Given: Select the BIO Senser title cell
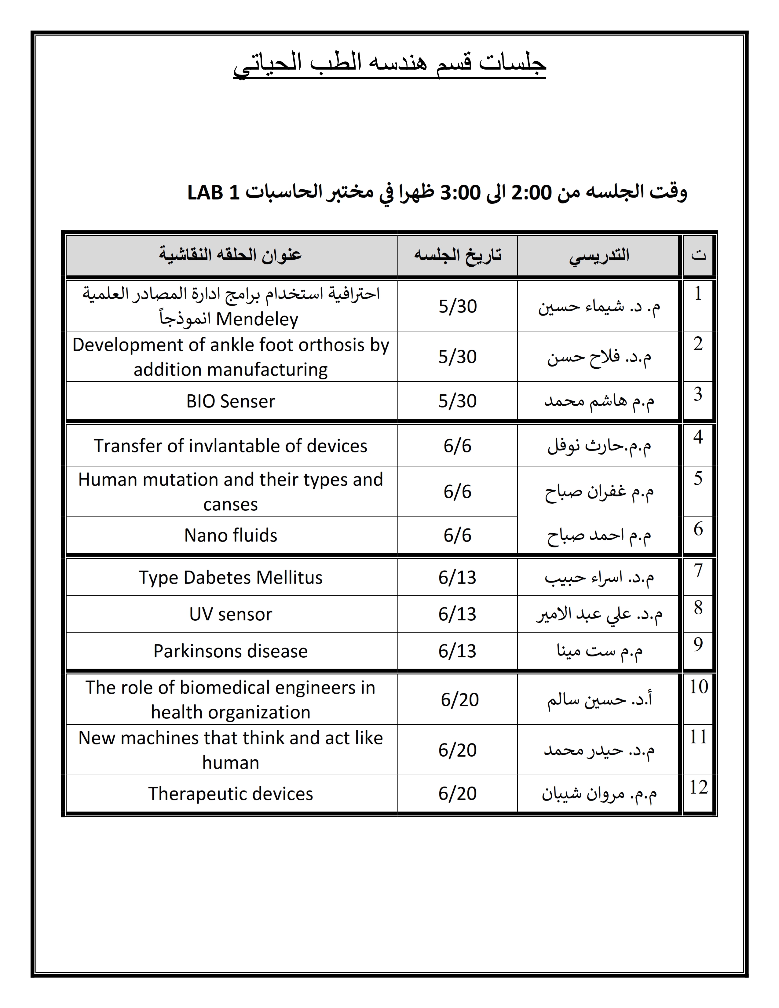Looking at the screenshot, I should [x=231, y=401].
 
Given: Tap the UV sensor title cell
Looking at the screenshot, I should [x=231, y=614].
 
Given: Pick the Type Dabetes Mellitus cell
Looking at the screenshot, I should [x=231, y=577].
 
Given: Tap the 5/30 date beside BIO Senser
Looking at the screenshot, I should [x=457, y=401].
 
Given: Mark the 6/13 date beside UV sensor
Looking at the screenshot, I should [x=457, y=614].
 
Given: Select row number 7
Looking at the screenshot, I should [x=698, y=571].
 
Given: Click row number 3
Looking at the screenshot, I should [x=698, y=394].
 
